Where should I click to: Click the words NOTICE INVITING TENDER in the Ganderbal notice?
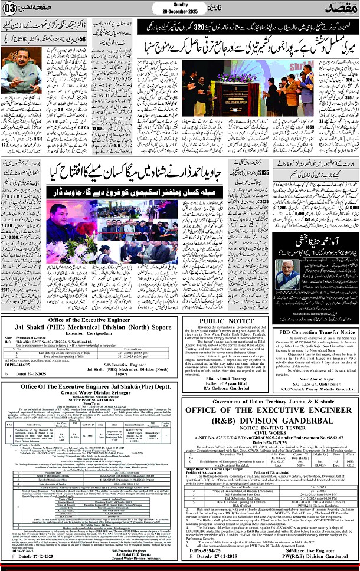(x=270, y=424)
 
